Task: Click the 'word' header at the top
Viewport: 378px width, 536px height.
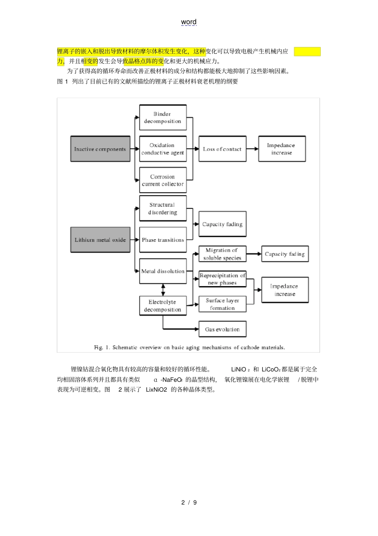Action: point(189,22)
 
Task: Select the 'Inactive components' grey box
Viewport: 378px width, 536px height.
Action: point(100,149)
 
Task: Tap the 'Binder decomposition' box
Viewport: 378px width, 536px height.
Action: point(163,118)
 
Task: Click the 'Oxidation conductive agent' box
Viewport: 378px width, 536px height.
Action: point(163,149)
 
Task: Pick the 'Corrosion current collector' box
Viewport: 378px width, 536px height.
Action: point(163,180)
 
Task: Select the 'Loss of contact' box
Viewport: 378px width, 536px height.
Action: point(222,149)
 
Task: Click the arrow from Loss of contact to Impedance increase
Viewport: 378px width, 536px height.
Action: point(252,149)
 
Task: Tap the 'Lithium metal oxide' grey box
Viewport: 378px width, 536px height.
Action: point(100,240)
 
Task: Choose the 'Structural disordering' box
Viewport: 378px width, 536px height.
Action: point(163,208)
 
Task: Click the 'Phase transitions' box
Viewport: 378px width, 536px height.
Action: point(163,240)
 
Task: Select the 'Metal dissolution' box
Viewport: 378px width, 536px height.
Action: point(163,271)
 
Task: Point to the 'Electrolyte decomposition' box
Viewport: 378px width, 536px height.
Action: point(163,306)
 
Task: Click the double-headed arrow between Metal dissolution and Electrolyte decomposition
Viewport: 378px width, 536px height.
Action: point(163,290)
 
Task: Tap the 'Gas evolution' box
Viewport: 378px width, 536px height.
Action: point(222,329)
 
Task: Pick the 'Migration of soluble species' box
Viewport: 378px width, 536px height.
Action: point(222,254)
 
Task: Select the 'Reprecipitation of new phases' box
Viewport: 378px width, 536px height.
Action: point(222,279)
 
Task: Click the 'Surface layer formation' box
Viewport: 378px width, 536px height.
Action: point(222,304)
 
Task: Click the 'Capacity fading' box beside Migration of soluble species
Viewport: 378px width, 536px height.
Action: point(285,254)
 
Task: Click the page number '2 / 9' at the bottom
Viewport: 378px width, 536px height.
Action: point(189,503)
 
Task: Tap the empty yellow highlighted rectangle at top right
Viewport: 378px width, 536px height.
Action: point(307,51)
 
